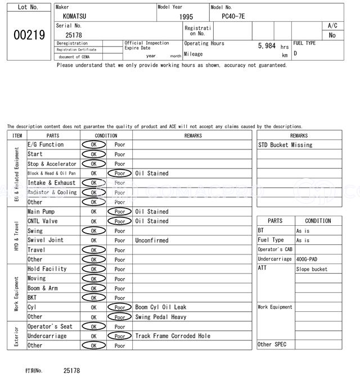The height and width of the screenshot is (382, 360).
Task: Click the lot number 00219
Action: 29,35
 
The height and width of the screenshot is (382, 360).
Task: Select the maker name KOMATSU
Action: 75,16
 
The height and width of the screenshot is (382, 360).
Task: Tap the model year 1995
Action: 186,17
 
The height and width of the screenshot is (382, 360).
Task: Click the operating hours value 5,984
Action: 267,46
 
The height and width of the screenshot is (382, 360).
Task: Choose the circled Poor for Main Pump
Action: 119,212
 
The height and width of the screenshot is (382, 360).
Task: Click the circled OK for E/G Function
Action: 93,144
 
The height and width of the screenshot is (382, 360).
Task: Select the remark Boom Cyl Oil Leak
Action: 161,307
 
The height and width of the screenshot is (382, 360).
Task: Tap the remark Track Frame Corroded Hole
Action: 173,336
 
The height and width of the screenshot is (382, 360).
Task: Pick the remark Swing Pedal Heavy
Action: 161,317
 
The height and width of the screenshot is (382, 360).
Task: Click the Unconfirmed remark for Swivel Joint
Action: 151,240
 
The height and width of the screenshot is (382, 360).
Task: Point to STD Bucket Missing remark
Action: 285,145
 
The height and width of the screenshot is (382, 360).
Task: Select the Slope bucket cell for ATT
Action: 312,270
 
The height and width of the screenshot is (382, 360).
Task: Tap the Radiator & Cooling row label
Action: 52,192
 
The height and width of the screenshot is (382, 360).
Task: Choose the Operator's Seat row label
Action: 50,326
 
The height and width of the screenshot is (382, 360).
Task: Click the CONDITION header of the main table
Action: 106,135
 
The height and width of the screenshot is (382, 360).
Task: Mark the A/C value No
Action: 332,35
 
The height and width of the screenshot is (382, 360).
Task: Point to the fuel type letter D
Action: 295,54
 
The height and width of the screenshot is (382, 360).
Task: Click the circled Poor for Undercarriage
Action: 119,336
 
